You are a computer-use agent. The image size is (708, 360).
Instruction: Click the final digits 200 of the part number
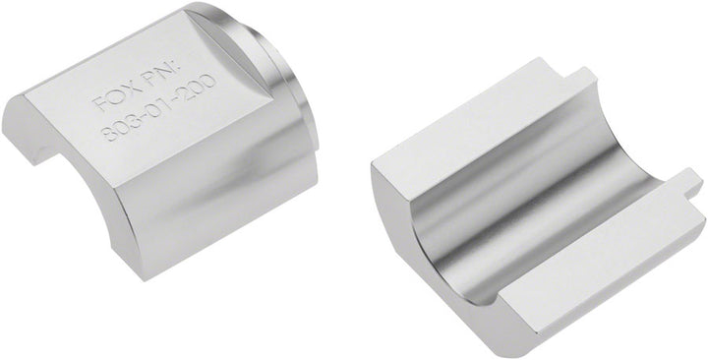click(x=199, y=87)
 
